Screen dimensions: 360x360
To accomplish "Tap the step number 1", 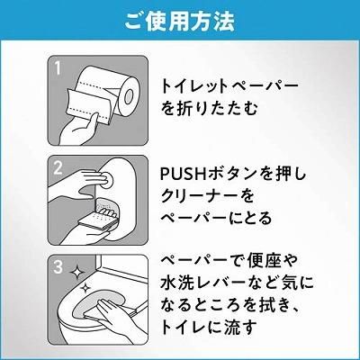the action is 58,68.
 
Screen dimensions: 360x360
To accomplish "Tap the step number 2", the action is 58,167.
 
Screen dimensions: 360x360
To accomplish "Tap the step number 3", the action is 58,267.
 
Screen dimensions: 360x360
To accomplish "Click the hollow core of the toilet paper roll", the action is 130,95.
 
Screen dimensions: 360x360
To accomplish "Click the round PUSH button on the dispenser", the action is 106,179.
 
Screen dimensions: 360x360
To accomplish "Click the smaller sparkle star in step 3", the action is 85,287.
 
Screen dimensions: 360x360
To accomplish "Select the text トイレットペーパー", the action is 229,86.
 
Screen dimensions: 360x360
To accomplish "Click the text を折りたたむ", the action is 210,109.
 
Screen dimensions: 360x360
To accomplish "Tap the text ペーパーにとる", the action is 216,219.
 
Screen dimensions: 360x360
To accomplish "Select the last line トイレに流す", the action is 210,328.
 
